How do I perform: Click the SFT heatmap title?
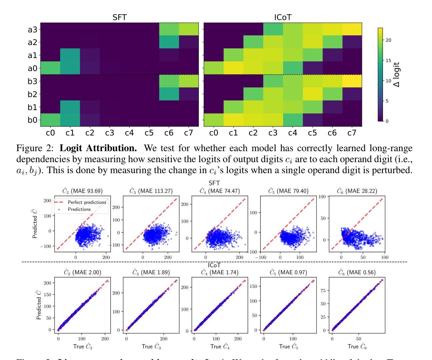click(x=119, y=17)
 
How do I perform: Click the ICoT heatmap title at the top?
click(x=283, y=17)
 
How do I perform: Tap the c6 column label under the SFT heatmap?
click(x=169, y=133)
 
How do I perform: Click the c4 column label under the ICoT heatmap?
click(x=293, y=133)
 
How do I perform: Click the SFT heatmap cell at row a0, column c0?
click(x=50, y=68)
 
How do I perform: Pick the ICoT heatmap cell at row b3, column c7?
click(x=352, y=81)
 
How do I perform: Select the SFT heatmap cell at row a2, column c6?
click(x=169, y=42)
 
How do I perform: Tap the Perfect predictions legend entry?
click(x=87, y=202)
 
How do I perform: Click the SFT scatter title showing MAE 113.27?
click(x=151, y=191)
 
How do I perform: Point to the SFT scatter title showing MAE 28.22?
click(x=354, y=191)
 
